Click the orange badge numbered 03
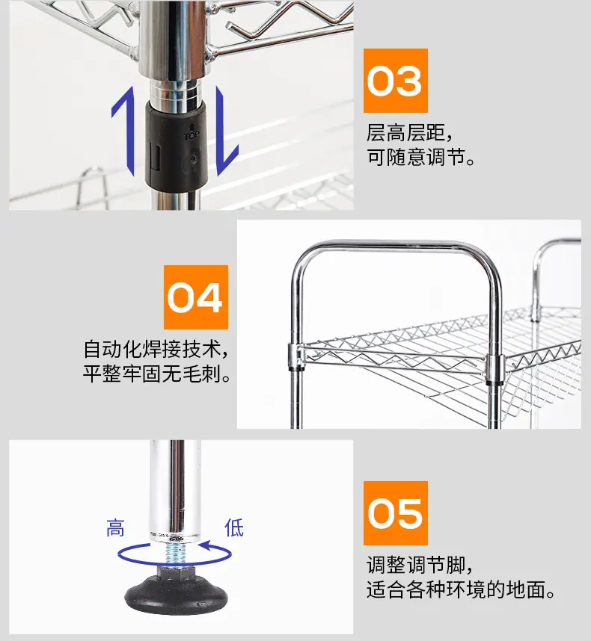click(x=395, y=81)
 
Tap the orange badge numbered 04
click(x=196, y=297)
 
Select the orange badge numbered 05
click(x=395, y=513)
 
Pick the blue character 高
click(x=115, y=527)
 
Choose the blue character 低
click(x=234, y=527)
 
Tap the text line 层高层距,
click(x=409, y=132)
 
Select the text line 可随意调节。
click(x=420, y=157)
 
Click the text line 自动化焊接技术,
click(x=156, y=349)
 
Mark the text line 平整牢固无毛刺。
click(x=157, y=374)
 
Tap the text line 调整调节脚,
click(x=420, y=565)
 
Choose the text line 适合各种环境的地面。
click(x=461, y=590)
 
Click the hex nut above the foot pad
click(x=175, y=572)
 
